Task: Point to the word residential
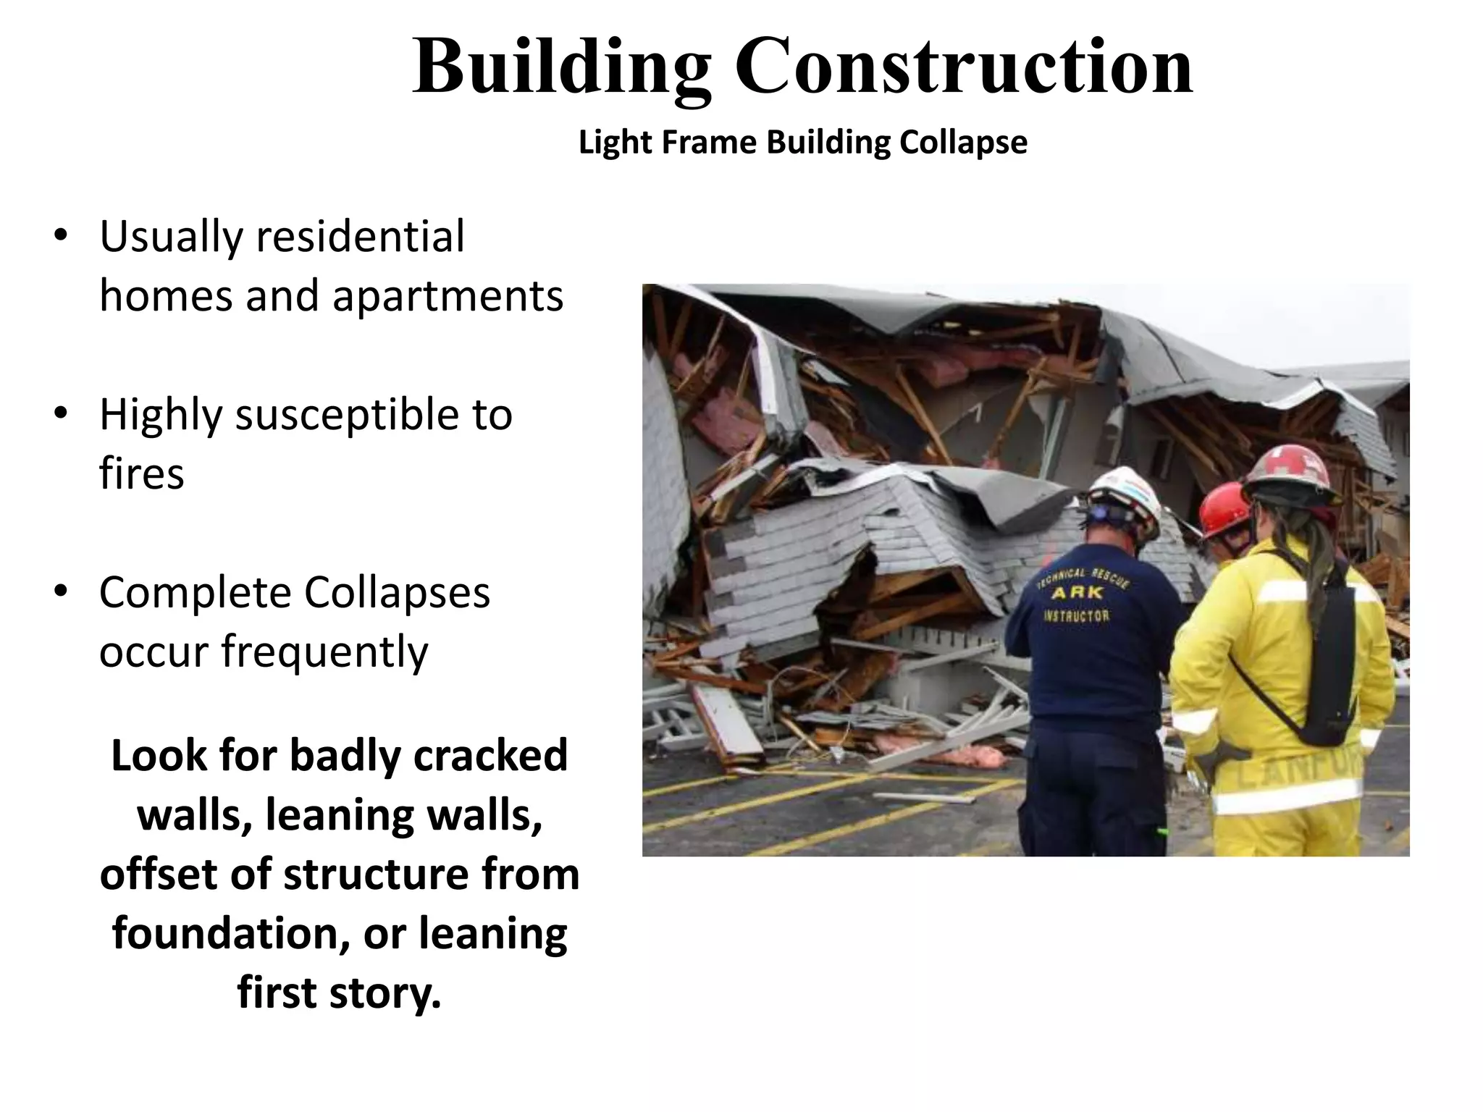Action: click(360, 237)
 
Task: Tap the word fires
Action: click(142, 474)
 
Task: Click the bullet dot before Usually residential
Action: click(61, 237)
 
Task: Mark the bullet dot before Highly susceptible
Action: click(61, 414)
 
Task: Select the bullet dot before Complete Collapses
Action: click(61, 592)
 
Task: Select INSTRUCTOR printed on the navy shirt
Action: click(1075, 616)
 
